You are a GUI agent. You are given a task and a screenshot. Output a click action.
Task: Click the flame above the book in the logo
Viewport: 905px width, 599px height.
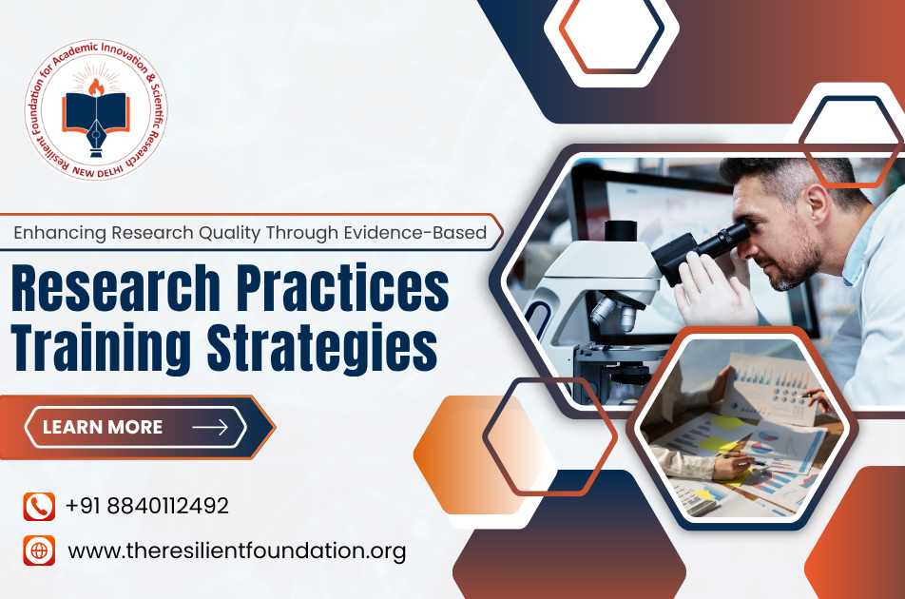click(x=96, y=87)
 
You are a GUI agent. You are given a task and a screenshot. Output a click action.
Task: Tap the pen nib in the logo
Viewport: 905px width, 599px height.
click(x=96, y=135)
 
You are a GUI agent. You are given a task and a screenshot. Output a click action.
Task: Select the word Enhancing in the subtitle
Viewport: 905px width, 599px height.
click(x=60, y=233)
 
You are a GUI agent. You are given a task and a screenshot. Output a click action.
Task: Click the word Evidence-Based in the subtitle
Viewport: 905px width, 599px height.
click(x=415, y=232)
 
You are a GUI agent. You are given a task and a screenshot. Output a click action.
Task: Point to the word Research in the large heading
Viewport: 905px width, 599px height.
click(x=115, y=288)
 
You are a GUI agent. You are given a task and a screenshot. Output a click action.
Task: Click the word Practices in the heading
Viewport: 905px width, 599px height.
click(x=342, y=288)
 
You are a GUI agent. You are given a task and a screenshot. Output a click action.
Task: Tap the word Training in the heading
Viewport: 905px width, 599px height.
click(x=101, y=348)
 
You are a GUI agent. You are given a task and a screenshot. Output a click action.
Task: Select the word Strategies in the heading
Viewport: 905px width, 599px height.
click(x=321, y=348)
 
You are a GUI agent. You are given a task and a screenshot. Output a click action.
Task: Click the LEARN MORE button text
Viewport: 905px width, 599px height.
click(x=103, y=427)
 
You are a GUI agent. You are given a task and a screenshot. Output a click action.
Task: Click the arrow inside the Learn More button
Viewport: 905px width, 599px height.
click(x=210, y=427)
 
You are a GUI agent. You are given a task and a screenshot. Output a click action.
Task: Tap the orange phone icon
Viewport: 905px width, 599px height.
click(x=39, y=507)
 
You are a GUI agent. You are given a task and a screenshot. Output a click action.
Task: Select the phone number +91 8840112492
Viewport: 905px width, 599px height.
click(x=147, y=506)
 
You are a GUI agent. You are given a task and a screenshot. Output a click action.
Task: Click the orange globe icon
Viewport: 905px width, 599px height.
click(x=39, y=551)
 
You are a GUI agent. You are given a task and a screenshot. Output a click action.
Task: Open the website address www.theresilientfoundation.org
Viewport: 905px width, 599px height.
click(x=238, y=551)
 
